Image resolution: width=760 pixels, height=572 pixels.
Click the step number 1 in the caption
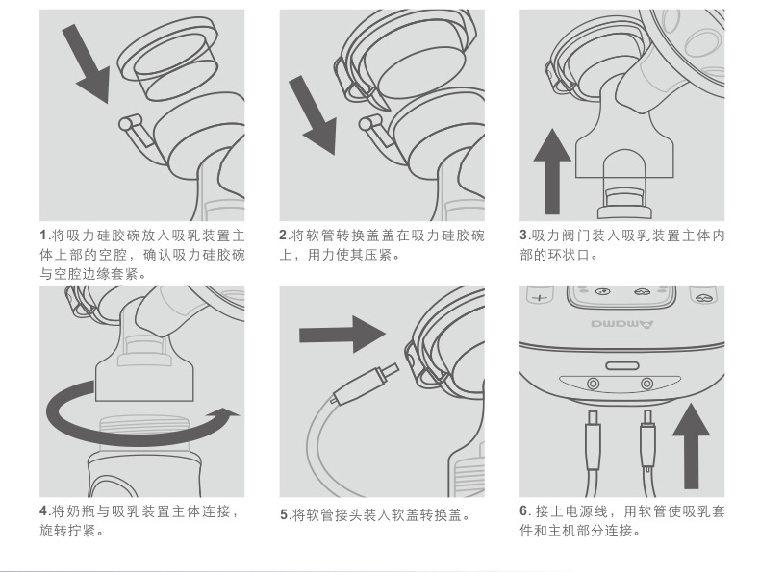click(x=43, y=236)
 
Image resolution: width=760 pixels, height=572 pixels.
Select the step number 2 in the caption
click(x=284, y=236)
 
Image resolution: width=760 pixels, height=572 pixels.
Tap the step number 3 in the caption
click(x=523, y=236)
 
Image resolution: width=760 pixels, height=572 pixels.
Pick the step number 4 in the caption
click(x=44, y=510)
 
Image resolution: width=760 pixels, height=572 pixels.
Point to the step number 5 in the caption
click(x=285, y=515)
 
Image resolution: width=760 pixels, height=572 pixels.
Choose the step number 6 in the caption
click(x=524, y=510)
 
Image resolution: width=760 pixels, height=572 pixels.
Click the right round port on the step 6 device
click(x=646, y=384)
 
